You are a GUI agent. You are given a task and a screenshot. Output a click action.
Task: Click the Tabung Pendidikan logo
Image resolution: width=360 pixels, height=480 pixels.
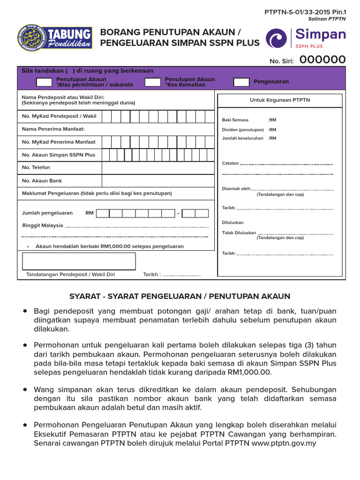(x=55, y=39)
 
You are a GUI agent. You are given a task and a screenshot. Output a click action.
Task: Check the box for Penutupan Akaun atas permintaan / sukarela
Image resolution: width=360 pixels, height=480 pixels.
(x=44, y=82)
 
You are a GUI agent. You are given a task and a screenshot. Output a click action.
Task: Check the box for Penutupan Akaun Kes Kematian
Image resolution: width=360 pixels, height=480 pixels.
(x=153, y=82)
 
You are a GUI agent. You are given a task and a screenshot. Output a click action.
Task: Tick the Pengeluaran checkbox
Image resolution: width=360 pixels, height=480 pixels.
(x=241, y=82)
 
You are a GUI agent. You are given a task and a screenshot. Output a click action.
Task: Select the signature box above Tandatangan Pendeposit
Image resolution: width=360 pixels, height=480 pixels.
(x=79, y=261)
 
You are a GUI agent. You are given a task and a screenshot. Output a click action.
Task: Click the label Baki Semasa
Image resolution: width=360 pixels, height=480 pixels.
(x=235, y=120)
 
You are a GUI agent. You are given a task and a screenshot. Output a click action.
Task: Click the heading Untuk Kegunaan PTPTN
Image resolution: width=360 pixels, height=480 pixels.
(x=279, y=100)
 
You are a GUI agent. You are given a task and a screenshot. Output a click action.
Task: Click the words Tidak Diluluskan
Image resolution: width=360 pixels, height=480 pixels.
(x=239, y=232)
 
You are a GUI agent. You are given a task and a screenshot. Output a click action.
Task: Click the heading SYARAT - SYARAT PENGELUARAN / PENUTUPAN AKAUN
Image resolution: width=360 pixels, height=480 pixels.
(x=180, y=296)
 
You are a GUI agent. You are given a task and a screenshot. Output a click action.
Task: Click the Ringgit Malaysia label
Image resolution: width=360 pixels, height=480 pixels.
(x=42, y=225)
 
